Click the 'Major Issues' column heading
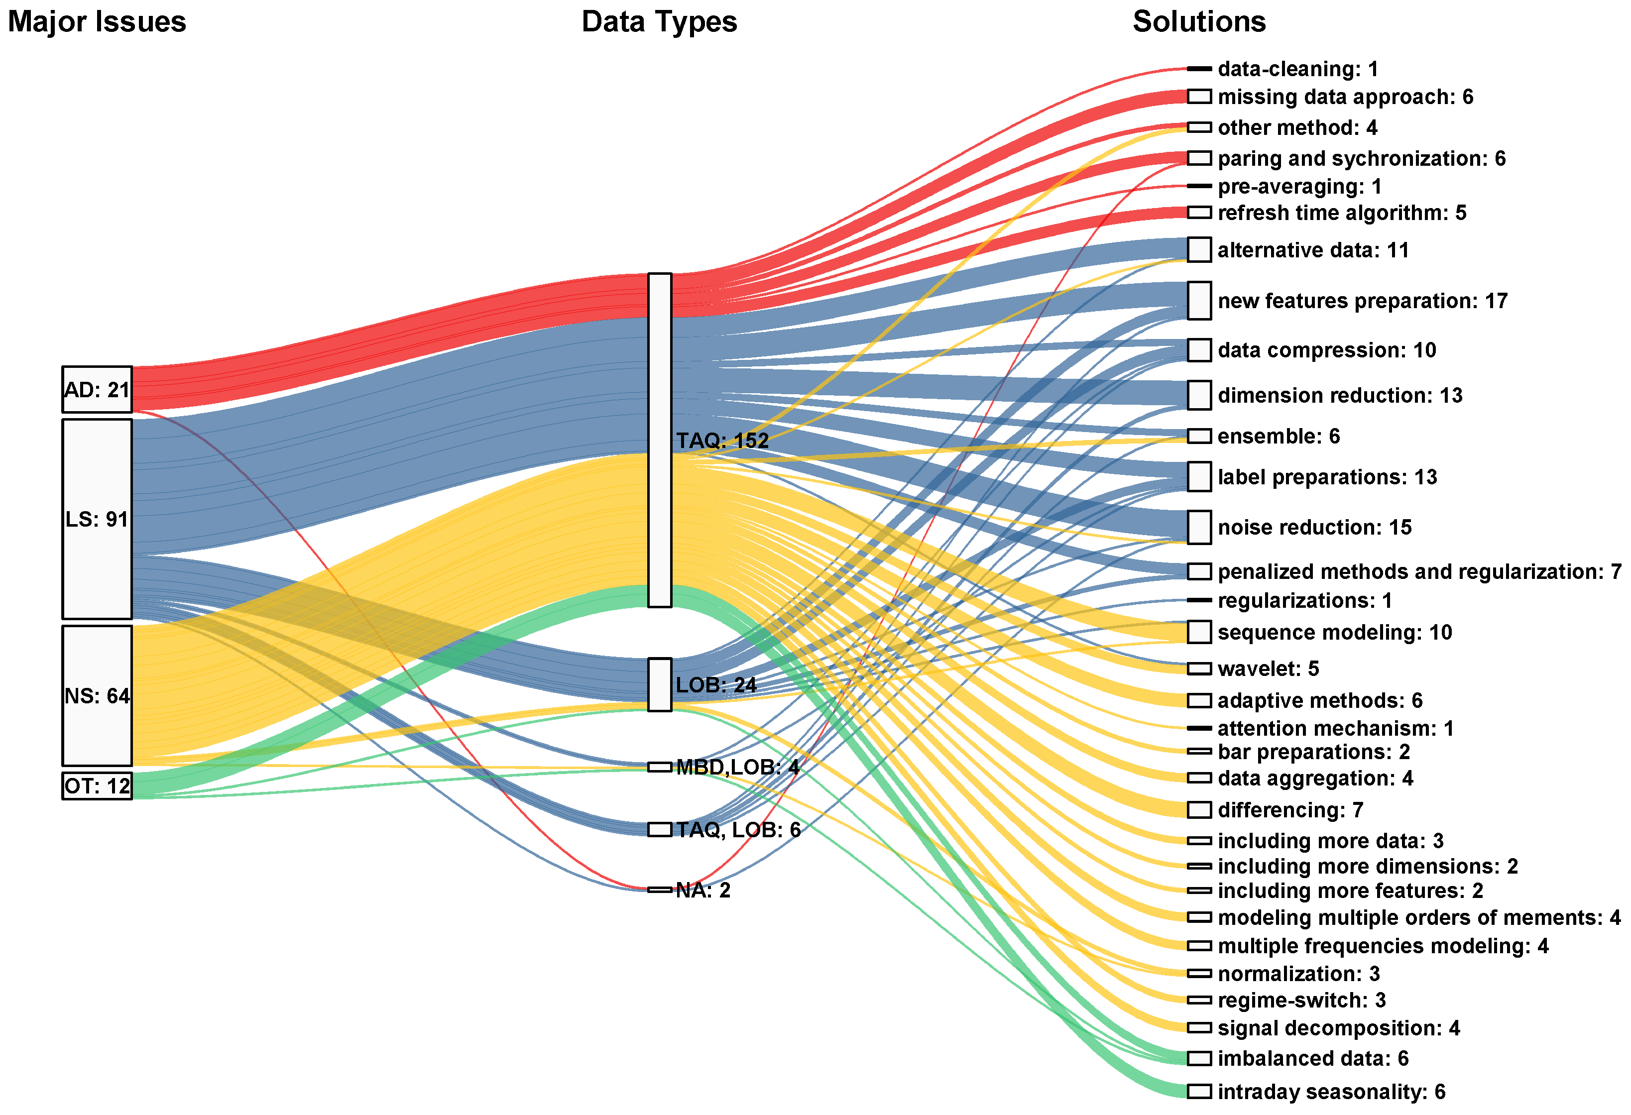coord(97,22)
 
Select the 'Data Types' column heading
coord(659,22)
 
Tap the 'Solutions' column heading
coord(1199,22)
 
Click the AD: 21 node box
coord(97,389)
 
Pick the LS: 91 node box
coord(97,519)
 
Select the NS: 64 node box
coord(97,695)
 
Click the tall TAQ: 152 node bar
coord(659,440)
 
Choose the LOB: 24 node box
coord(659,684)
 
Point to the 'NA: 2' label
coord(702,891)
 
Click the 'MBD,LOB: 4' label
coord(737,767)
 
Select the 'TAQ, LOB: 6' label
coord(738,830)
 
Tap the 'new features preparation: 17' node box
coord(1199,300)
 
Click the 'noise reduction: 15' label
coord(1314,527)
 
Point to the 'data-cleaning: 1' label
coord(1297,69)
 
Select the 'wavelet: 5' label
coord(1268,669)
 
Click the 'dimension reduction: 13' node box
coord(1199,395)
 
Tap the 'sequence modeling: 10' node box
coord(1199,632)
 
